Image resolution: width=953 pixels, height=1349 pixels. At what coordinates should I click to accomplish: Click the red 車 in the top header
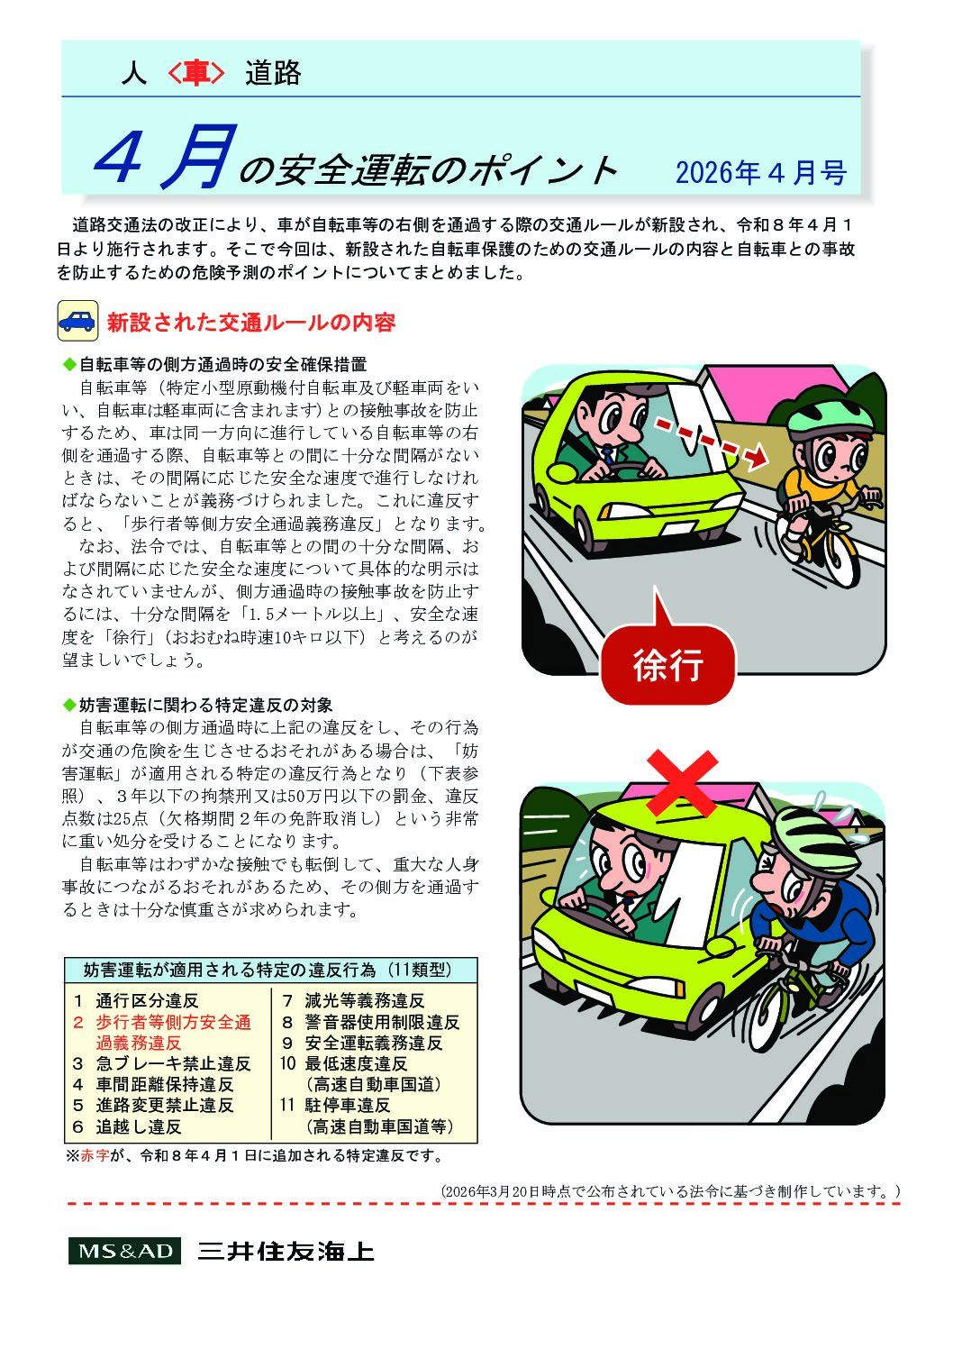tap(195, 74)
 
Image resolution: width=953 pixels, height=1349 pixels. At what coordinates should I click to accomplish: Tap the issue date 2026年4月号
tap(760, 172)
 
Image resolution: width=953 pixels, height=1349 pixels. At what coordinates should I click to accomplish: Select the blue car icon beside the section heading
tap(77, 321)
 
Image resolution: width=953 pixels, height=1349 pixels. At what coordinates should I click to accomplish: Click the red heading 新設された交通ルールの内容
tap(251, 323)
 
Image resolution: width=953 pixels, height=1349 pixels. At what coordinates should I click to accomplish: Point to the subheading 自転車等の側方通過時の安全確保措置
tap(222, 365)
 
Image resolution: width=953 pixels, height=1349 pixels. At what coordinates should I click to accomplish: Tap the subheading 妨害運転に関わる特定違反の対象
tap(205, 705)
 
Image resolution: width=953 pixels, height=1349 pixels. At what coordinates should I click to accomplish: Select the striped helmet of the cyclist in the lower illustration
tap(816, 834)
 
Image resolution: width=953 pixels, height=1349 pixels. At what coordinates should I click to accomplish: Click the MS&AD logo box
tap(124, 1252)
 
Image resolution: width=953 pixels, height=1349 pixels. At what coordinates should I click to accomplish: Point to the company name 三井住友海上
tap(286, 1252)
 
